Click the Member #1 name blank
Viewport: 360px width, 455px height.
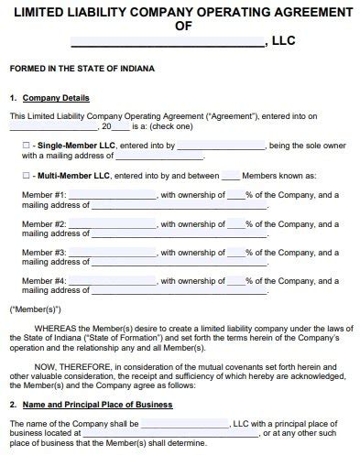coord(113,195)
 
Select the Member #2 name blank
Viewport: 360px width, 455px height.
coord(113,222)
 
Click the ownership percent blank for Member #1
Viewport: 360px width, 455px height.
coord(236,195)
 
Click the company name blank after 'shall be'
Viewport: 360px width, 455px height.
coord(185,424)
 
